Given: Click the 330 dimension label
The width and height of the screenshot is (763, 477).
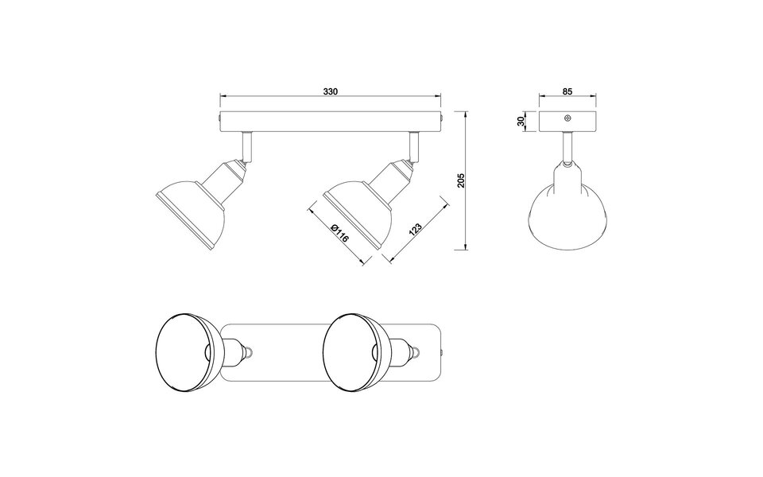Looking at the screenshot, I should tap(331, 92).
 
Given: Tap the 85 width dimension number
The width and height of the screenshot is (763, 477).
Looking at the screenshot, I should tap(567, 92).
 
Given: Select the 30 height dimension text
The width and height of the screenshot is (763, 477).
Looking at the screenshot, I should tap(521, 122).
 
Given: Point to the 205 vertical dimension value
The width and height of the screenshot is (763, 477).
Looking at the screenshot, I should tap(461, 180).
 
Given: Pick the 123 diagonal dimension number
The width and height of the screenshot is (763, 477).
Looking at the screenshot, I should tap(414, 231).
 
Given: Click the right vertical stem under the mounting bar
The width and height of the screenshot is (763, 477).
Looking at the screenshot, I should tap(413, 145).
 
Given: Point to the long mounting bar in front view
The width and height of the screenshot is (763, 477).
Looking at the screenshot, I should tap(331, 122).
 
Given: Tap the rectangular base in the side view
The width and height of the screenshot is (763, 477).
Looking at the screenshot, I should tap(567, 122).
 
